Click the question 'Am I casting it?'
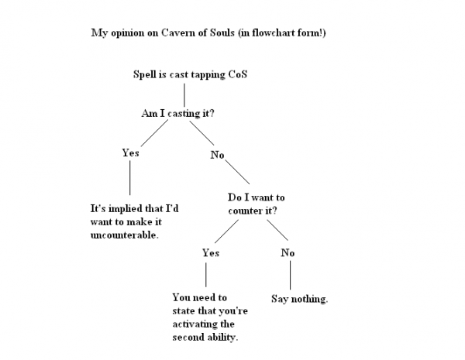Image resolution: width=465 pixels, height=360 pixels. coord(178,113)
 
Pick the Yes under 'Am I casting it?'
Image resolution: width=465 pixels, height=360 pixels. coord(130,153)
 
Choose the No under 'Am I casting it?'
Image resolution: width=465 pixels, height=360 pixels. coord(217,155)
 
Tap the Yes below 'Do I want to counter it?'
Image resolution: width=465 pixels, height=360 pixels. coord(210,252)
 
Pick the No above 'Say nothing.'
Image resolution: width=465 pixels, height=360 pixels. coord(288,252)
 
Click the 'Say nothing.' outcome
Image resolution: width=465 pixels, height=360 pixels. coord(299,299)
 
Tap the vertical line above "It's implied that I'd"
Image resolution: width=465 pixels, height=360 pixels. coord(129,180)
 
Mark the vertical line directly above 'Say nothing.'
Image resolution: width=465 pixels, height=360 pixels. coord(290,275)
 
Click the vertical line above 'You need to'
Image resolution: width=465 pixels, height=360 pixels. coord(205,275)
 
